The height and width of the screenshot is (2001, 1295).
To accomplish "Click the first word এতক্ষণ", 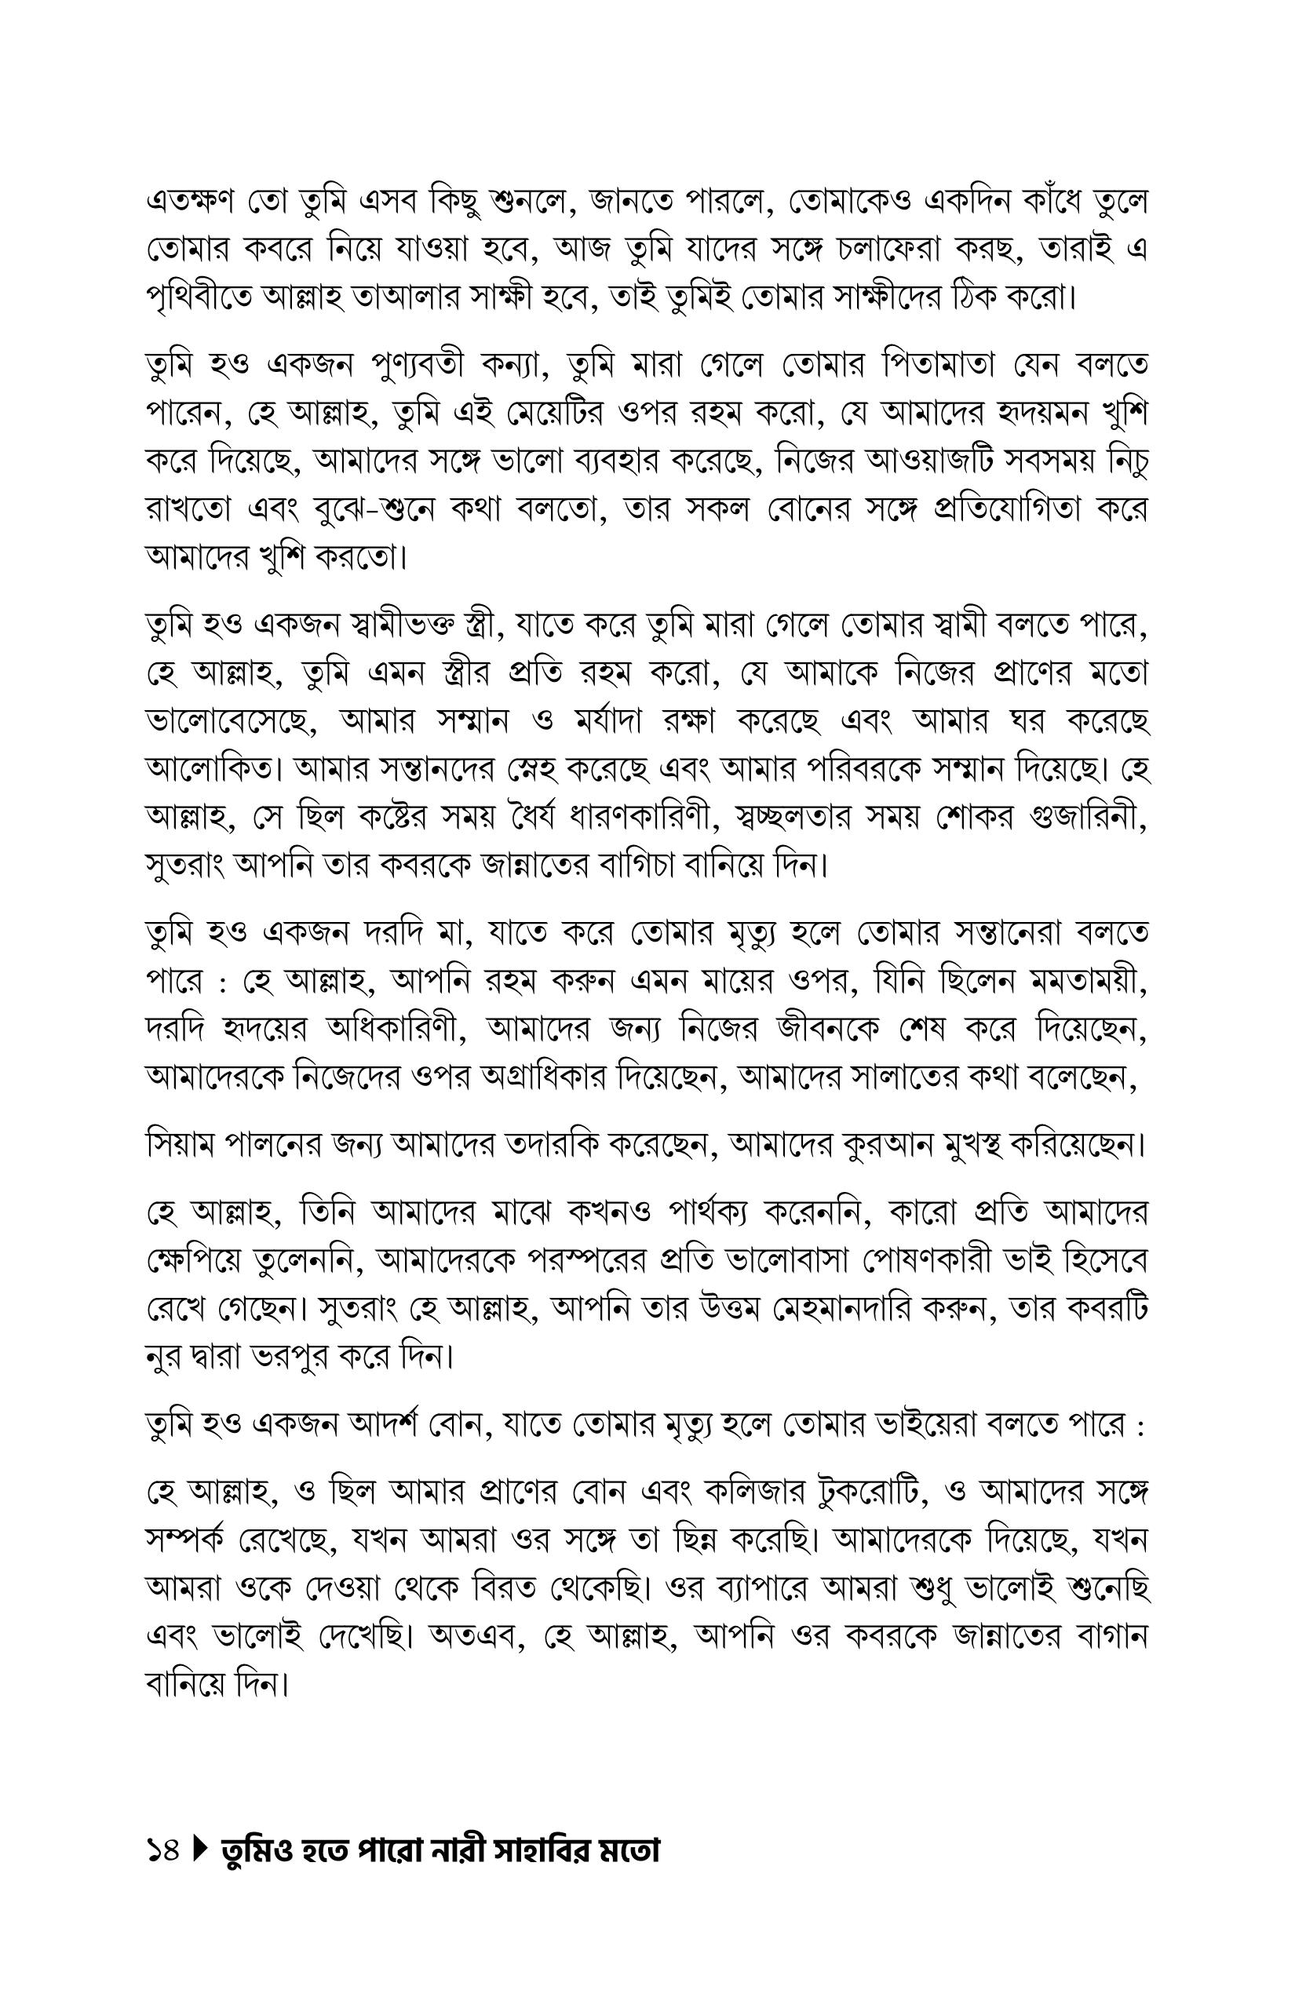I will point(196,202).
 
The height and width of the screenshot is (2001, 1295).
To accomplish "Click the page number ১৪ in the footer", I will point(162,1851).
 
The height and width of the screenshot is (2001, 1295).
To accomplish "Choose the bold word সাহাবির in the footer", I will point(523,1851).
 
